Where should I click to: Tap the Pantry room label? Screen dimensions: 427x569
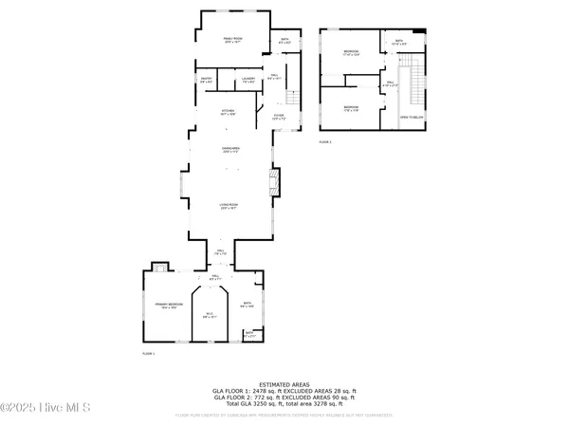point(205,80)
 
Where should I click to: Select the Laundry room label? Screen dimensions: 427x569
point(248,80)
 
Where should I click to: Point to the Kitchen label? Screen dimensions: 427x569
point(228,112)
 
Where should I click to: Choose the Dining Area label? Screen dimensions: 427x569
point(229,150)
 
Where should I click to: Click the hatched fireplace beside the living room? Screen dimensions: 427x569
point(274,181)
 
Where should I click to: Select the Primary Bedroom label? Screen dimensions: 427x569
point(169,306)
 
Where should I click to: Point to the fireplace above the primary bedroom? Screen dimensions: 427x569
point(158,267)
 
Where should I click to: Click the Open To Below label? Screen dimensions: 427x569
point(411,117)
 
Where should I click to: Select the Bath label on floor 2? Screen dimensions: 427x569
point(397,42)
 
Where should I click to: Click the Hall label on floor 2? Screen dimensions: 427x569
point(389,84)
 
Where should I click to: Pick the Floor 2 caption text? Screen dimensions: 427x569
point(324,141)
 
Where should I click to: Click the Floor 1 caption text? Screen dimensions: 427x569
point(148,354)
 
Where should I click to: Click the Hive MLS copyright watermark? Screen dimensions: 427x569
point(45,408)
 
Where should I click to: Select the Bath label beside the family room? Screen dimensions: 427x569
point(284,41)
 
